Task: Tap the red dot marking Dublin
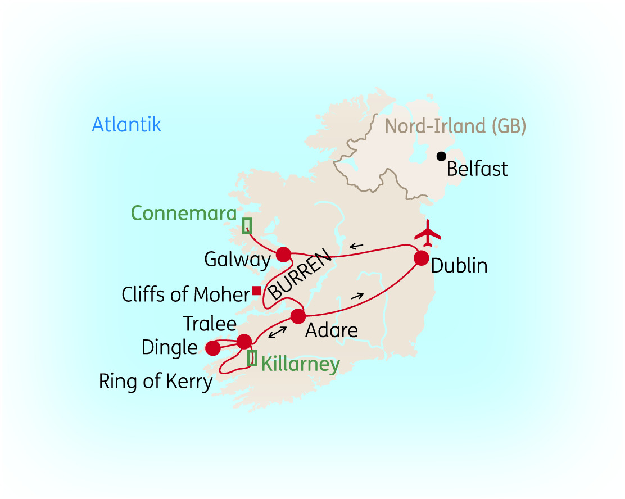[422, 258]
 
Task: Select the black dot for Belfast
[442, 156]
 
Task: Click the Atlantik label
[126, 124]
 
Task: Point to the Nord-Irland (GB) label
[455, 126]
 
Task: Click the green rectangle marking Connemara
[247, 225]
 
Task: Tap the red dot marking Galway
[283, 255]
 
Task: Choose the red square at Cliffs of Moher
[256, 291]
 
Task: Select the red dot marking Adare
[298, 316]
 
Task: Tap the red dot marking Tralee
[244, 342]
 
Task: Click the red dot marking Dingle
[213, 348]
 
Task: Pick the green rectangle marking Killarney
[252, 358]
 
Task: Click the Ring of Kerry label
[156, 382]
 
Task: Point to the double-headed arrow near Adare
[275, 332]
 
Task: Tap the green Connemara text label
[183, 213]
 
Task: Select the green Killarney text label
[301, 365]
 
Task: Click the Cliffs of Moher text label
[185, 294]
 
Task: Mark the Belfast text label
[477, 169]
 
